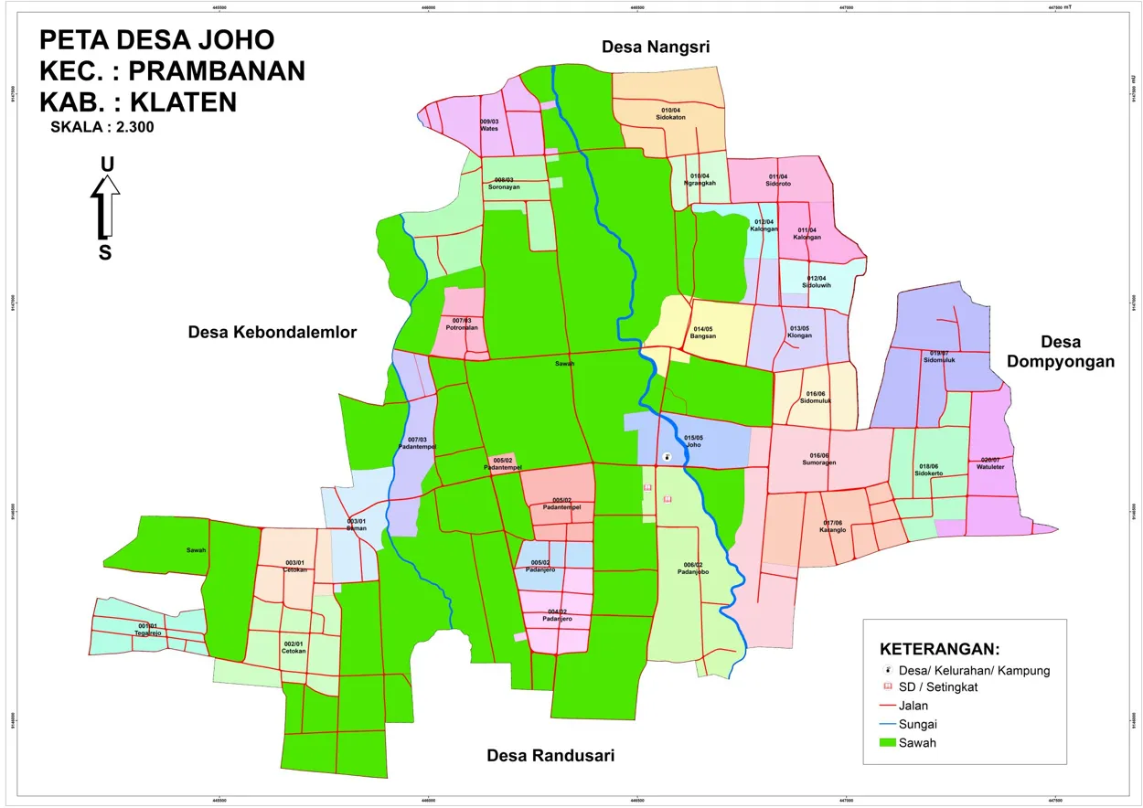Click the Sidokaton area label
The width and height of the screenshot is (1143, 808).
[671, 117]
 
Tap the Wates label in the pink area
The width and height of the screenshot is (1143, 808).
[488, 128]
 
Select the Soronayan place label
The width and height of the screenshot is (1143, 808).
[504, 186]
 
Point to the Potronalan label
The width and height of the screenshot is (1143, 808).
[462, 326]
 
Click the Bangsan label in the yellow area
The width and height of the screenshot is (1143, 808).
[702, 336]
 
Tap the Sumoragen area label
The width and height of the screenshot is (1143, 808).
[818, 462]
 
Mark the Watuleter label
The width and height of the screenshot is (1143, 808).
[991, 467]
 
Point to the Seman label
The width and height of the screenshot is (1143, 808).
[356, 528]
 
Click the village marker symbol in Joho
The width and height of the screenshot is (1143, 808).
[667, 457]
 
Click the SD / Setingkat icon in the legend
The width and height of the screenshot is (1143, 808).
[887, 687]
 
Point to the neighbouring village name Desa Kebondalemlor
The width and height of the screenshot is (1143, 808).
[272, 332]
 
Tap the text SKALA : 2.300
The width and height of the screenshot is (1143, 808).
[102, 128]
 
